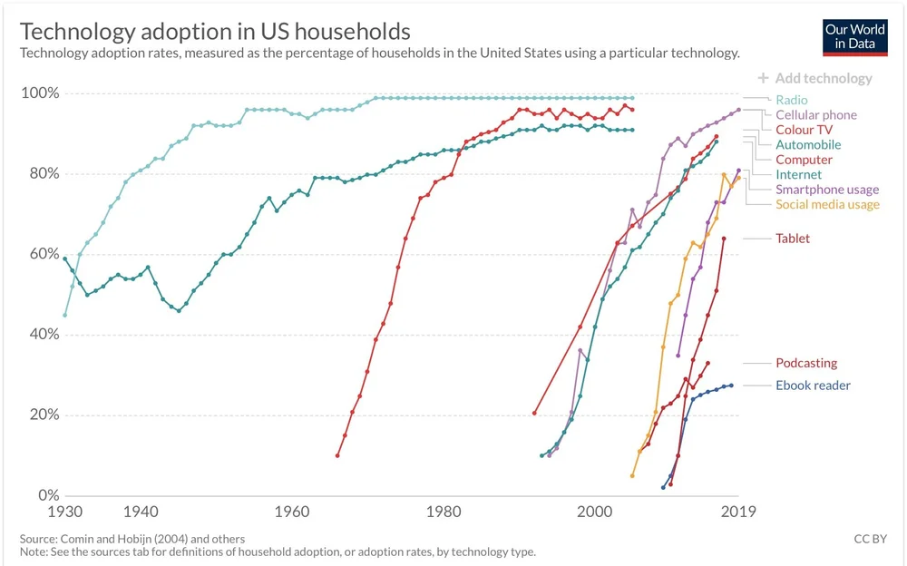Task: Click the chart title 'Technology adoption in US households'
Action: (x=215, y=32)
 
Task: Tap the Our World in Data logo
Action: (x=854, y=36)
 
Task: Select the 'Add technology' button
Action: (x=815, y=78)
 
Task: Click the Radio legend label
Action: (x=791, y=100)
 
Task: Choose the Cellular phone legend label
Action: (x=815, y=115)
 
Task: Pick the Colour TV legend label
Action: (x=804, y=130)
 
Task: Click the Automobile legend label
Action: (x=807, y=145)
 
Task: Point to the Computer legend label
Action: (x=804, y=160)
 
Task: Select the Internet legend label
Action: (x=798, y=174)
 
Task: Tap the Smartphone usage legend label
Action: (x=826, y=190)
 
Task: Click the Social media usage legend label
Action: (x=827, y=204)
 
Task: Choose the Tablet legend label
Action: (x=793, y=239)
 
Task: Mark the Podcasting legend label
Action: (x=806, y=363)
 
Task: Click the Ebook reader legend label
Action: (x=813, y=385)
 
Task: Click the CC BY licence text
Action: (x=870, y=539)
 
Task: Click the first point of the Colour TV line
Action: (x=337, y=455)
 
